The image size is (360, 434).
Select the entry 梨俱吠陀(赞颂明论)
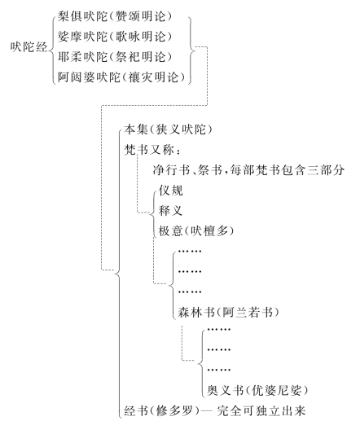(122, 16)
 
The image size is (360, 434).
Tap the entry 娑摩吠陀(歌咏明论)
(122, 37)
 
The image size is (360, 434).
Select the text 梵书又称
(149, 151)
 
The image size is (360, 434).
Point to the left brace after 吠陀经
(54, 46)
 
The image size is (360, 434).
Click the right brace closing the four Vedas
(191, 46)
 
